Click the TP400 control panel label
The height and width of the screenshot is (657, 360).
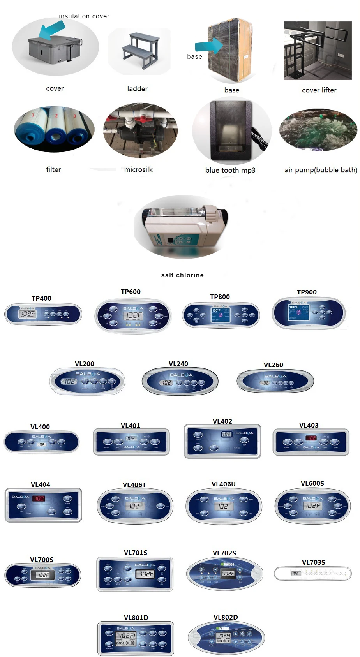coord(41,298)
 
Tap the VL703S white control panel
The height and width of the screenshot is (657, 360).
coord(312,573)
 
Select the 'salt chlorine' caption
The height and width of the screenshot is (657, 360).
coord(182,275)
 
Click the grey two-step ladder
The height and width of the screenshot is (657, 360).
coord(140,50)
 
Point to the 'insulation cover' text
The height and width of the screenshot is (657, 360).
coord(84,16)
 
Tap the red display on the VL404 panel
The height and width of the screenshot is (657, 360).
coord(39,498)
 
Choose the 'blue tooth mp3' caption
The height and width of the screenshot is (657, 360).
coord(230,170)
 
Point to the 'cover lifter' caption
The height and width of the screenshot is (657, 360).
coord(319,90)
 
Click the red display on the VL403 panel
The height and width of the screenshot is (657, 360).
coord(311,438)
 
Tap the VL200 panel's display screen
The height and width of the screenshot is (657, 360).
coord(70,381)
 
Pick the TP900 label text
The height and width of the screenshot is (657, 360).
coord(307,292)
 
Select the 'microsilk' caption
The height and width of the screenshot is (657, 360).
coord(138,169)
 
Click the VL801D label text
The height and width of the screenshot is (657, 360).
coord(136,618)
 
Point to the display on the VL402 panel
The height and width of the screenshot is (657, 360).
coord(226,434)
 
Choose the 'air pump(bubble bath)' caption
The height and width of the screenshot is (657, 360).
coord(321,170)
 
